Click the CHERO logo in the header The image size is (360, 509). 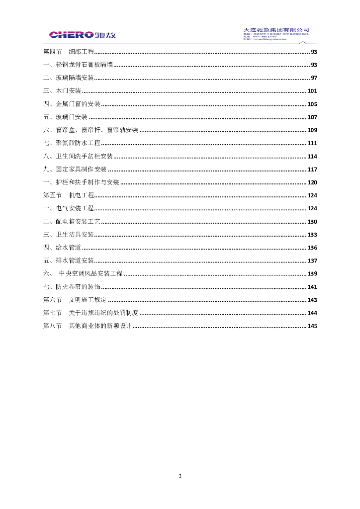pyautogui.click(x=82, y=35)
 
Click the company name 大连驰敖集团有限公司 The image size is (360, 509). pyautogui.click(x=276, y=29)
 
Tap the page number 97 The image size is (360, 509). pyautogui.click(x=314, y=78)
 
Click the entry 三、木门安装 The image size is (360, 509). pyautogui.click(x=62, y=91)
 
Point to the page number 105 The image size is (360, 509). pyautogui.click(x=312, y=104)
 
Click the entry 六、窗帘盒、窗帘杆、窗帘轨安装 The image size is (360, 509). pyautogui.click(x=90, y=130)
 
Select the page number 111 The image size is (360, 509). pyautogui.click(x=312, y=143)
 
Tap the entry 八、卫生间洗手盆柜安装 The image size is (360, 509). pyautogui.click(x=78, y=157)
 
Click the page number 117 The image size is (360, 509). pyautogui.click(x=312, y=170)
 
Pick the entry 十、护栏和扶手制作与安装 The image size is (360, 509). pyautogui.click(x=81, y=182)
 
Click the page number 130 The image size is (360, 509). pyautogui.click(x=312, y=222)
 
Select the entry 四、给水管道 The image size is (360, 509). pyautogui.click(x=62, y=248)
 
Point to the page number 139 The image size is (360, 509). pyautogui.click(x=312, y=274)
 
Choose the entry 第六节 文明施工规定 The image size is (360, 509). pyautogui.click(x=75, y=300)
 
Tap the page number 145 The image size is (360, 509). pyautogui.click(x=312, y=326)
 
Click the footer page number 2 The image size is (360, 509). pyautogui.click(x=180, y=476)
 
